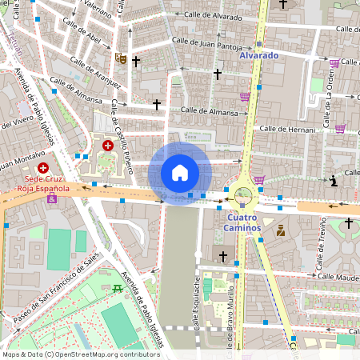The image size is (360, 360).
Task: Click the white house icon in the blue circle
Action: tap(180, 172)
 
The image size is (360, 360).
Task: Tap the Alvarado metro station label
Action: tap(258, 56)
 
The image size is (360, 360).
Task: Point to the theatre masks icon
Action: tap(120, 58)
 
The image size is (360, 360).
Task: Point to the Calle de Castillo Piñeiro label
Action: tap(121, 136)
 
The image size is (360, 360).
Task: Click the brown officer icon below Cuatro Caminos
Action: tap(281, 230)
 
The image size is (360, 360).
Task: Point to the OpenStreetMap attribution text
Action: tap(80, 354)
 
